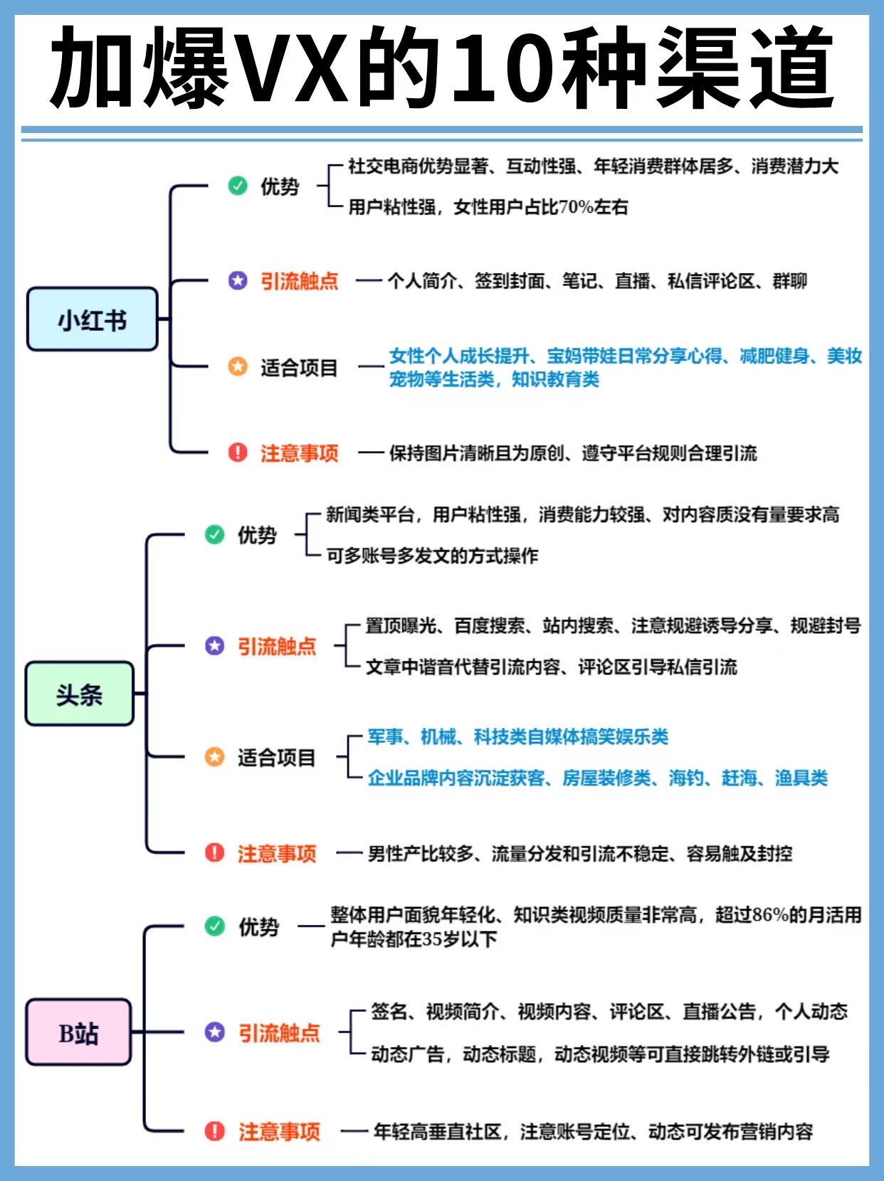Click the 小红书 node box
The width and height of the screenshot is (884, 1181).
point(92,319)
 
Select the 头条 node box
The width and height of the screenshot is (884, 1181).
point(79,694)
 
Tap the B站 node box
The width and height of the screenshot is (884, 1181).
point(78,1032)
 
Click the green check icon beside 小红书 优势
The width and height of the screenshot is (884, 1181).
point(238,186)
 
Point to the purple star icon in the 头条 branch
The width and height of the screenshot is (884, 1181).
point(214,645)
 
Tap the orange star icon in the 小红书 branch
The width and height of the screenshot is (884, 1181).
point(238,366)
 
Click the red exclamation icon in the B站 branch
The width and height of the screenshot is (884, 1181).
point(214,1130)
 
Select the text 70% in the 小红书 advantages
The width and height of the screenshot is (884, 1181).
point(576,207)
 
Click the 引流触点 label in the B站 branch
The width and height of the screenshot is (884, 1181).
point(279,1032)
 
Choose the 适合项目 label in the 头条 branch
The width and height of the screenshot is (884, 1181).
point(277,757)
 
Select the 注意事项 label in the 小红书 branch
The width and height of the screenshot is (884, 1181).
point(299,453)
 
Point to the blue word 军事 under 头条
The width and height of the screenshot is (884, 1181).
point(385,736)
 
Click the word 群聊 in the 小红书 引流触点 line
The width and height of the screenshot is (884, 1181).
point(790,281)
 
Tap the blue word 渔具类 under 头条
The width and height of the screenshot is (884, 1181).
point(801,778)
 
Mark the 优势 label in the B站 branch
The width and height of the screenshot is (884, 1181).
point(259,926)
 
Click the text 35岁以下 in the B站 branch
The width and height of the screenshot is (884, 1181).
point(460,939)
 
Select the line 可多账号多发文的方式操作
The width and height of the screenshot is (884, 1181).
point(432,556)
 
